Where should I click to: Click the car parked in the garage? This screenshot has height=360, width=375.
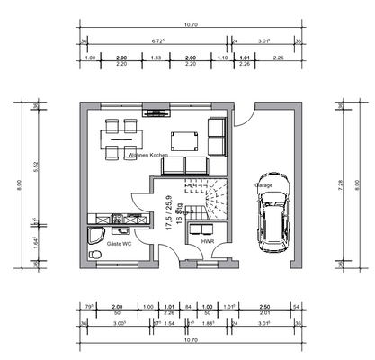pyautogui.click(x=274, y=212)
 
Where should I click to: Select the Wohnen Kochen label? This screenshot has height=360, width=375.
pyautogui.click(x=148, y=156)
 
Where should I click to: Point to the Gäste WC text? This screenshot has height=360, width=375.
pyautogui.click(x=121, y=244)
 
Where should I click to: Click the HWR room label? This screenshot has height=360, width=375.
pyautogui.click(x=207, y=241)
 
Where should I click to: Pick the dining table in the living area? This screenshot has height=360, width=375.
pyautogui.click(x=120, y=139)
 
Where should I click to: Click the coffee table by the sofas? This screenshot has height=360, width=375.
pyautogui.click(x=185, y=139)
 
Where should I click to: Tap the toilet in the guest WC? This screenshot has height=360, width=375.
pyautogui.click(x=96, y=255)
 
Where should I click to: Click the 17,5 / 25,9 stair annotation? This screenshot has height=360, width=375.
pyautogui.click(x=168, y=216)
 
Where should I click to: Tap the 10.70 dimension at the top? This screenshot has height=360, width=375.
pyautogui.click(x=189, y=24)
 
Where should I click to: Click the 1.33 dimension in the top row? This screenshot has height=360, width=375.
pyautogui.click(x=156, y=58)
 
